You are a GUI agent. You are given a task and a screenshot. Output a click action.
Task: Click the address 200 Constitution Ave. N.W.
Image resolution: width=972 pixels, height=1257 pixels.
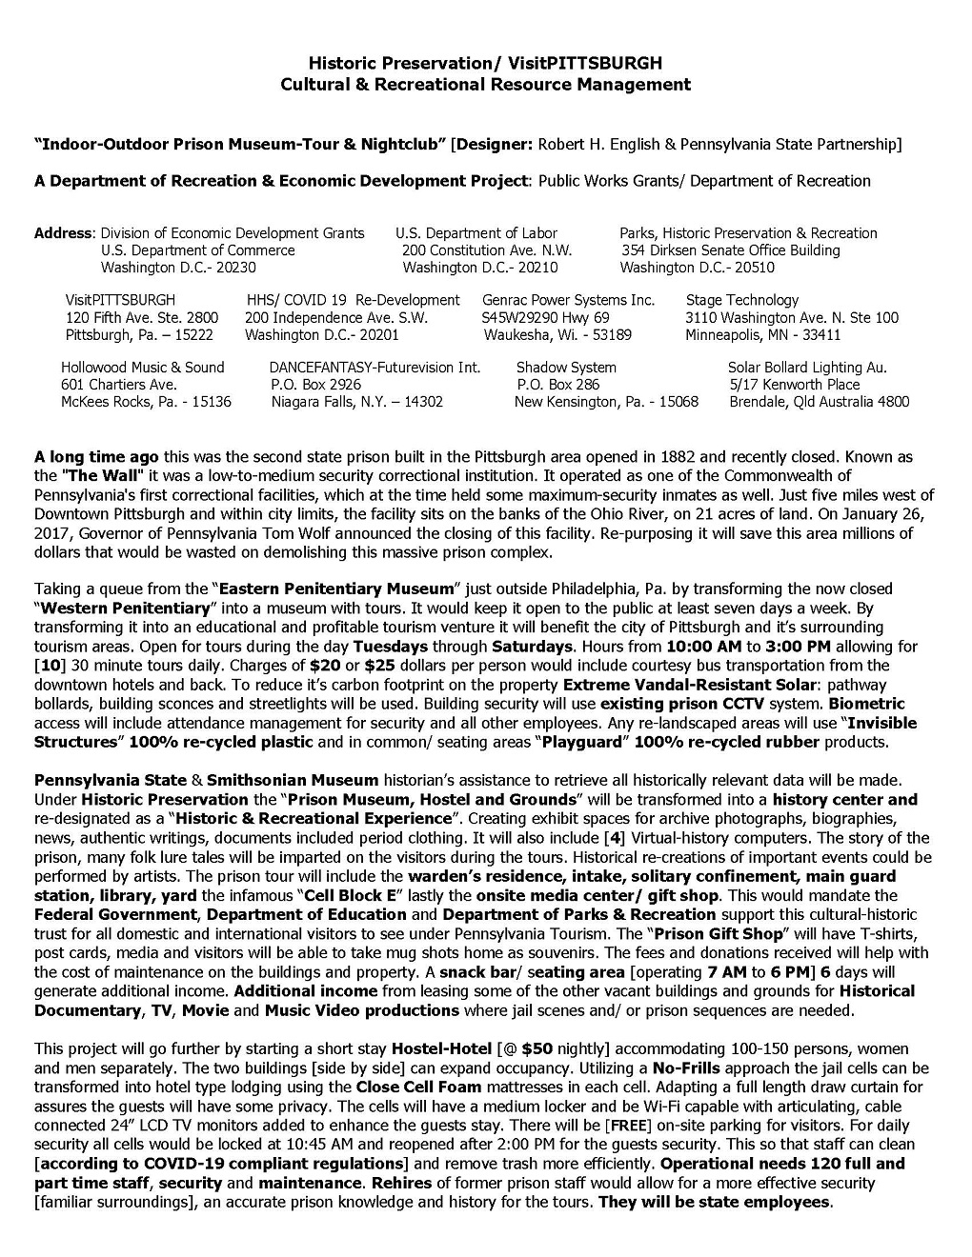[x=487, y=250]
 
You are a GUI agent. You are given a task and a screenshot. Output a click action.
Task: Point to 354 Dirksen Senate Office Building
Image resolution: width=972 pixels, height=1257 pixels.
[x=731, y=250]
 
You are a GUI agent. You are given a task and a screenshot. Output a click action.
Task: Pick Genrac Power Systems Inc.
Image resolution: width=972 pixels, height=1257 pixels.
[x=568, y=300]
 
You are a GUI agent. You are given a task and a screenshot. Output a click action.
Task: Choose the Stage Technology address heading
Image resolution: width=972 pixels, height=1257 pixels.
[x=741, y=300]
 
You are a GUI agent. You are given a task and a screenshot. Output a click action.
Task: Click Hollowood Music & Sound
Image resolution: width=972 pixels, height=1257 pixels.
[x=143, y=368]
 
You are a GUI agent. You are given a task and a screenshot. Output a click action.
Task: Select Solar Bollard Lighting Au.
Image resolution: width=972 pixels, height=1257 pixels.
[x=807, y=368]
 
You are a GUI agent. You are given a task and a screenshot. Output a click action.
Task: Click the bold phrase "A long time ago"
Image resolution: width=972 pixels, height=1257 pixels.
[x=96, y=457]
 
